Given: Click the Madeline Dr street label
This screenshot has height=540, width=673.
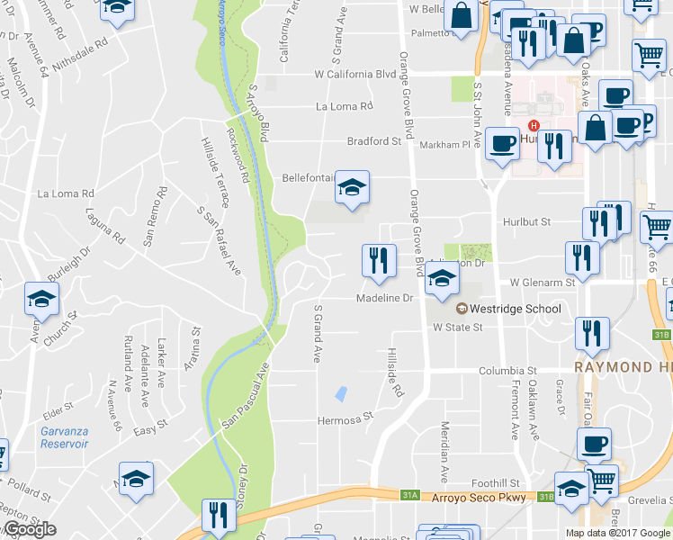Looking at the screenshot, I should tap(384, 297).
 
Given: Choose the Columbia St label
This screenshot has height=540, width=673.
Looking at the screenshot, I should tap(507, 370).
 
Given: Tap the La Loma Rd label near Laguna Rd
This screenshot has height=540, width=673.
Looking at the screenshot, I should tap(65, 193).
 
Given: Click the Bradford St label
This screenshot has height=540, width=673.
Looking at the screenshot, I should tap(374, 141).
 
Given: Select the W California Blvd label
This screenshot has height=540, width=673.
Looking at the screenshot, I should tap(354, 75).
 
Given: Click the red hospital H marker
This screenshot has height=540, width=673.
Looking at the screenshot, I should tap(534, 124).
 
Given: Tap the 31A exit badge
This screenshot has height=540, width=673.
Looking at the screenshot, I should tap(410, 494).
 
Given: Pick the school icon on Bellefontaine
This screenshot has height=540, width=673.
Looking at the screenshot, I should tap(352, 187).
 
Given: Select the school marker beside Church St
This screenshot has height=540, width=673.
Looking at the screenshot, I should tap(41, 300).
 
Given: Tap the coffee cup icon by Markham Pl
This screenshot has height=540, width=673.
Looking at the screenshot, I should tap(502, 142).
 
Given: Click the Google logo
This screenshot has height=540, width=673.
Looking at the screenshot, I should tap(29, 529).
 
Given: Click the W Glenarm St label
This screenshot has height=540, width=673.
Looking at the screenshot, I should tap(542, 282).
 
